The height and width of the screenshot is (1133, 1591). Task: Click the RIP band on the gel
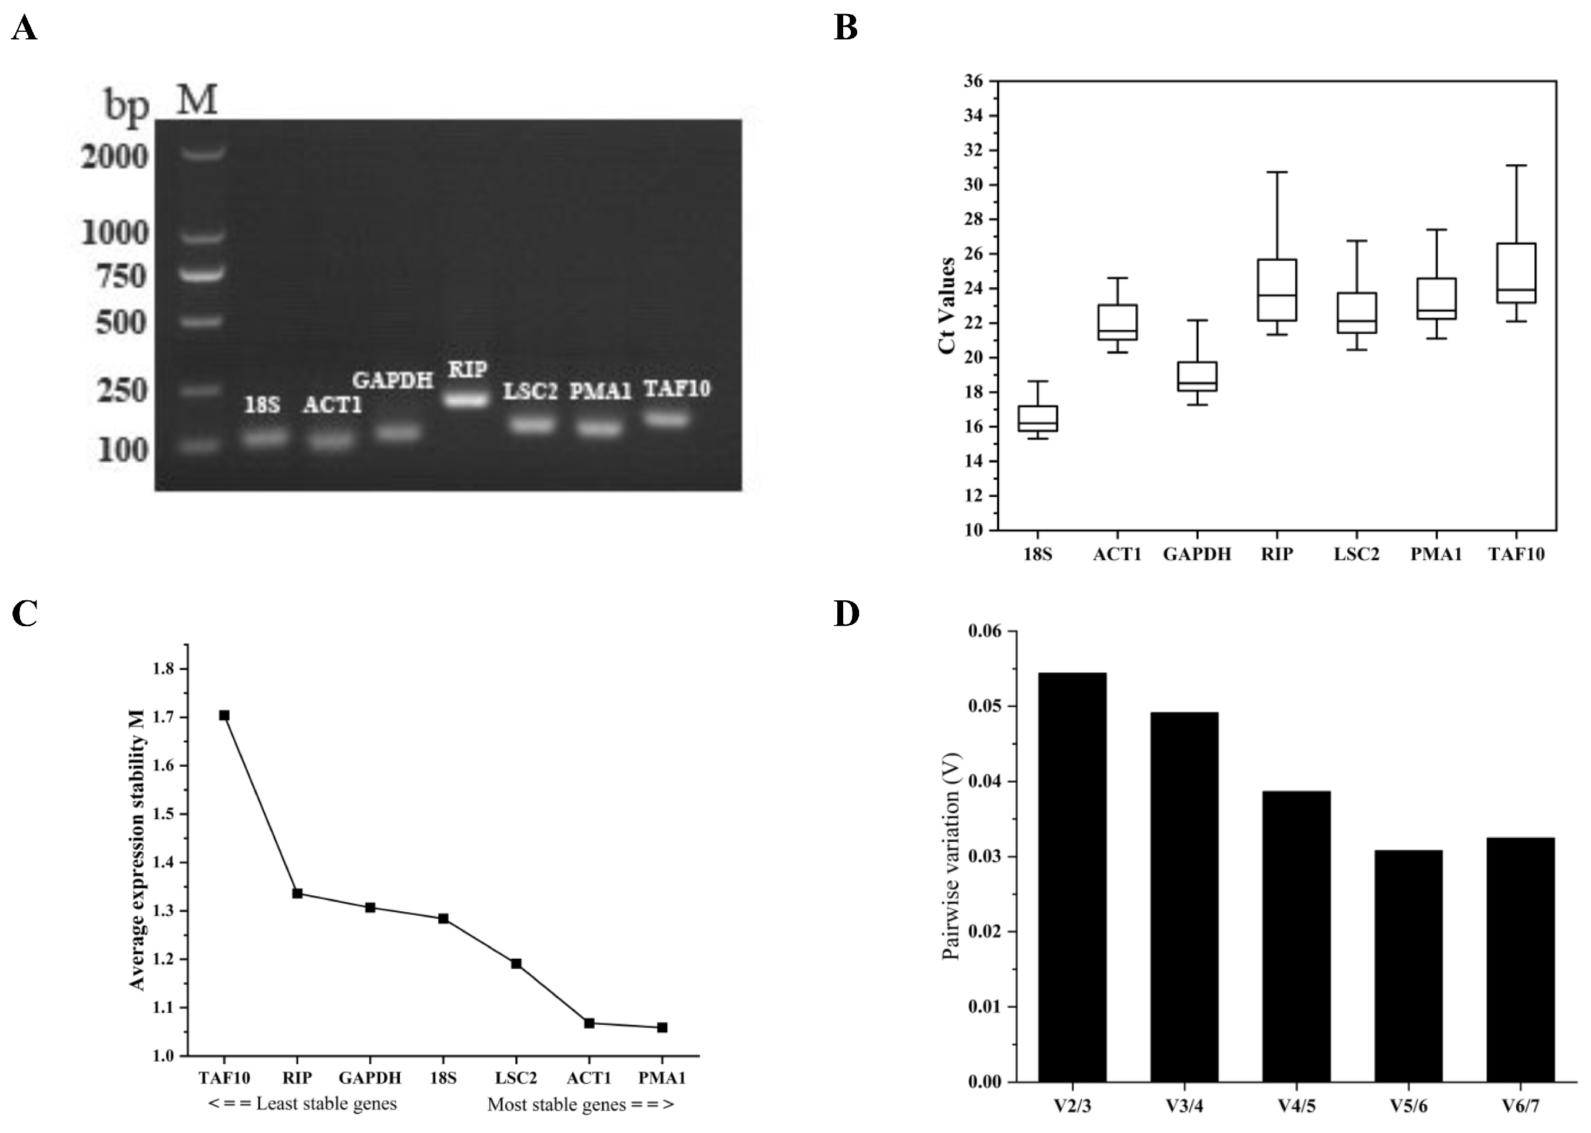[x=467, y=400]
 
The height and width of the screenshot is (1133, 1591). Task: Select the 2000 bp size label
[x=115, y=157]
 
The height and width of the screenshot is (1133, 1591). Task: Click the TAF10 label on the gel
[x=676, y=388]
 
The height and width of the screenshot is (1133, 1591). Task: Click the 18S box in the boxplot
[x=1038, y=418]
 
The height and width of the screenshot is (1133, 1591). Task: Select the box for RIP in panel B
[x=1277, y=290]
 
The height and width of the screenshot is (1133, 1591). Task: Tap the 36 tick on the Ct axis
[x=973, y=82]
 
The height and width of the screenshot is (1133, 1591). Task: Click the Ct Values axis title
[x=947, y=305]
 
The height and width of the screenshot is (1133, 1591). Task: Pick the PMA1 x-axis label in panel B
[x=1436, y=554]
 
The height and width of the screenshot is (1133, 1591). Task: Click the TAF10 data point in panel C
[x=224, y=715]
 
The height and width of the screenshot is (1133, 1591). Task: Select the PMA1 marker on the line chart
[x=662, y=1028]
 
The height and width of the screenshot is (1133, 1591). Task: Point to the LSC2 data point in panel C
[x=516, y=964]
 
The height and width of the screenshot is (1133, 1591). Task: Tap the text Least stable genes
[x=302, y=1104]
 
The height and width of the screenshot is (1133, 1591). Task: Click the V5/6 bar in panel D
[x=1408, y=966]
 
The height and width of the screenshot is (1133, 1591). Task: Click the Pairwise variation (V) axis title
[x=951, y=856]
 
